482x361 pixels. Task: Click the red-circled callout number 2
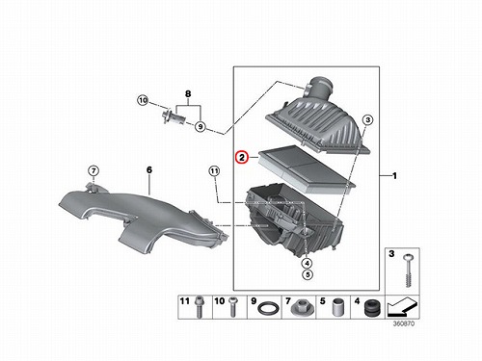click(242, 158)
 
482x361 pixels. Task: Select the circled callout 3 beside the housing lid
click(367, 120)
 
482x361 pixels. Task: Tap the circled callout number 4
click(307, 264)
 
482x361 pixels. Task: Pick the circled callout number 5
click(308, 274)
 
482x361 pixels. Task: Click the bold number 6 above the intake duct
click(149, 169)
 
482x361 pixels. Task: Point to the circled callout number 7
click(94, 170)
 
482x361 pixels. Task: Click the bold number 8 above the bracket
click(188, 94)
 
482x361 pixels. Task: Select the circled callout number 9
click(201, 127)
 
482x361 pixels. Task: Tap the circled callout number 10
click(143, 100)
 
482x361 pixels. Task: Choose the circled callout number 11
click(214, 171)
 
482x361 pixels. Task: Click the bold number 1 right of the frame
click(395, 176)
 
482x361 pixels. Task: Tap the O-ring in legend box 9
click(268, 309)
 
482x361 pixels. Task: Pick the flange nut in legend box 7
click(302, 307)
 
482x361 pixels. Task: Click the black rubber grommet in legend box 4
click(372, 307)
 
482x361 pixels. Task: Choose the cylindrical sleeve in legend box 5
click(336, 306)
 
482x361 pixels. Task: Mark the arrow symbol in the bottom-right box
click(402, 306)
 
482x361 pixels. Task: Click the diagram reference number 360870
click(404, 323)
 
